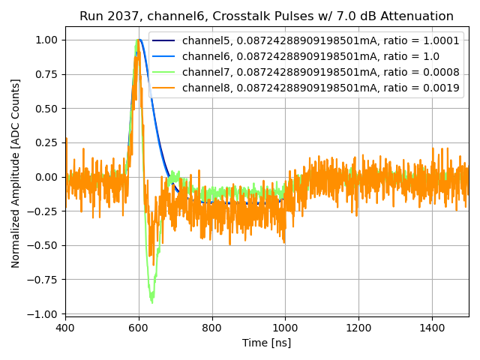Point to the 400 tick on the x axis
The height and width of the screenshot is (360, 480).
point(65,328)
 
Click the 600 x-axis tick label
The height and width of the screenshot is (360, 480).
point(139,328)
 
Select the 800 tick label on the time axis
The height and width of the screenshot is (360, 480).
point(212,328)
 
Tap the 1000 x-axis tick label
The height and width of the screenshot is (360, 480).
point(285,328)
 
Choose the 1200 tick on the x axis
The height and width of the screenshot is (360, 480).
point(358,328)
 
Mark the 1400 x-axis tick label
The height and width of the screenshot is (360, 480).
point(432,328)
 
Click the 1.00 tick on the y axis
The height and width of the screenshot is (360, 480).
point(46,40)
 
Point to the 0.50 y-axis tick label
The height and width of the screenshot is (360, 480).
point(46,108)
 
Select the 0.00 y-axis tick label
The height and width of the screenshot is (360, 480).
point(46,177)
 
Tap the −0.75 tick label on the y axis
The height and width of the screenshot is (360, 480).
point(43,280)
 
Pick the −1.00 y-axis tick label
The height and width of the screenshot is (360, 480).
point(43,313)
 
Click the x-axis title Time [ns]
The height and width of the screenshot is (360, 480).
point(266,343)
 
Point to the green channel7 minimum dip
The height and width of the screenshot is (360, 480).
point(152,301)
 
